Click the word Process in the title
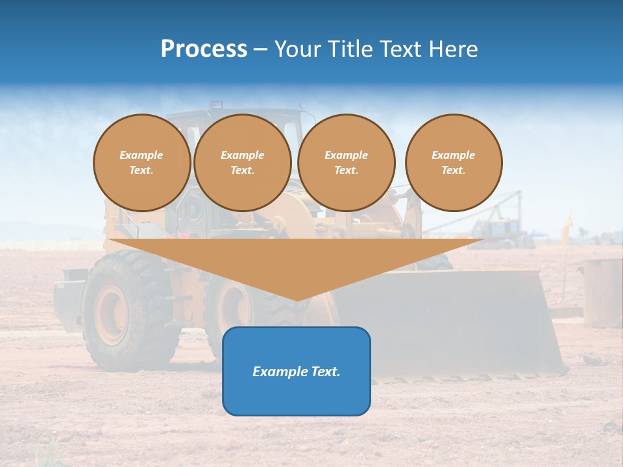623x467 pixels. click(x=204, y=49)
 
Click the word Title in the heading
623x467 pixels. click(x=348, y=49)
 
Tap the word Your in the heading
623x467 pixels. click(x=299, y=49)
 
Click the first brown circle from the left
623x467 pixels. click(x=141, y=163)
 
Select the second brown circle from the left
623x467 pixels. click(x=243, y=163)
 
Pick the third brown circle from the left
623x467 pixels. click(x=347, y=163)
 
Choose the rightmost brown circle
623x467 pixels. click(x=454, y=163)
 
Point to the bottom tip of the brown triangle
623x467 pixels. click(x=297, y=300)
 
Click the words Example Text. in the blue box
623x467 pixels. click(x=297, y=372)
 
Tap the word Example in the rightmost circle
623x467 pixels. click(x=454, y=155)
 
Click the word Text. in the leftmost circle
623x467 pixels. click(x=141, y=171)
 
